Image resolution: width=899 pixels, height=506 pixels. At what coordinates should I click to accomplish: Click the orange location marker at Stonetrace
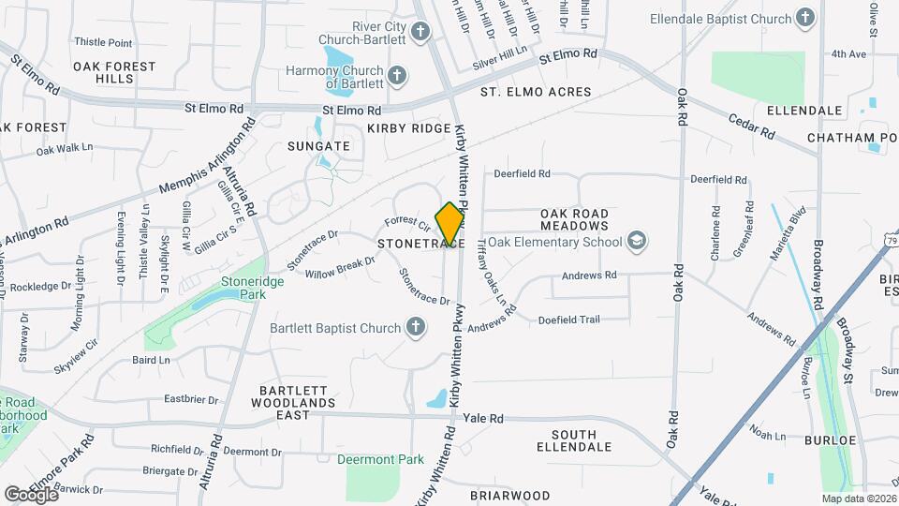(450, 223)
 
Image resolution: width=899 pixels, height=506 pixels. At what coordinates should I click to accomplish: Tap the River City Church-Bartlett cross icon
(420, 33)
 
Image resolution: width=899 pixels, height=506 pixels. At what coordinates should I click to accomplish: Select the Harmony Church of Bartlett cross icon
(397, 75)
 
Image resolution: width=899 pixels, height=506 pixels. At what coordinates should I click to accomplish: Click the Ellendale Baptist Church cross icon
(804, 17)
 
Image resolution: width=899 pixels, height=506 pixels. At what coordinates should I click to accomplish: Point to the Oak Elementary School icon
(638, 242)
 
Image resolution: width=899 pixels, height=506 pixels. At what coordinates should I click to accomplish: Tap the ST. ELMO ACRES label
(536, 92)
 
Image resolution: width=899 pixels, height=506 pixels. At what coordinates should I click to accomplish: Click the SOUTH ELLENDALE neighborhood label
(586, 440)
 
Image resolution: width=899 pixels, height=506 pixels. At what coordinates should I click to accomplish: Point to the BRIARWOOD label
(509, 495)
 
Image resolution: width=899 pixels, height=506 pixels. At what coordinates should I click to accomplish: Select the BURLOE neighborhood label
(830, 439)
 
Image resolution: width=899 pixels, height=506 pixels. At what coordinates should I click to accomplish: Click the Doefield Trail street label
(568, 320)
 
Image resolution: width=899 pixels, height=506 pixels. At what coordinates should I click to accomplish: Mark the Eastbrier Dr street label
(191, 398)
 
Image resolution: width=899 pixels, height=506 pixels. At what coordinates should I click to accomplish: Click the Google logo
(31, 494)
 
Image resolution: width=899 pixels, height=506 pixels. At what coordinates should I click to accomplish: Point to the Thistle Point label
(103, 42)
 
